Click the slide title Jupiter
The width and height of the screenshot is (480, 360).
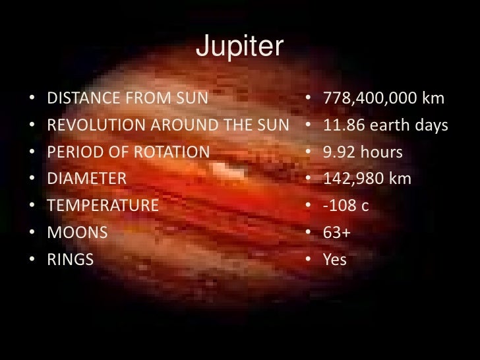[239, 47]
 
